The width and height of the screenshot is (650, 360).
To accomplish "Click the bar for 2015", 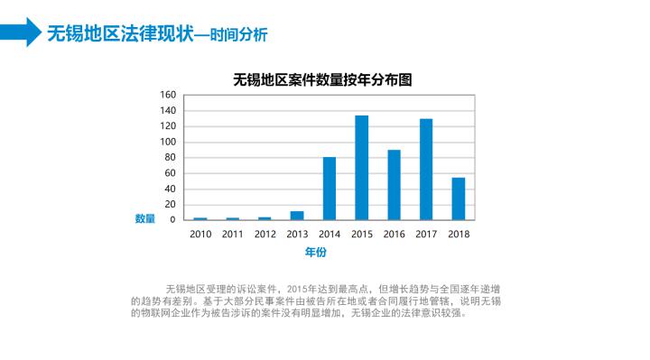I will [361, 168].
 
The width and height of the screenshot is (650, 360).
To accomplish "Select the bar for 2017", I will [426, 170].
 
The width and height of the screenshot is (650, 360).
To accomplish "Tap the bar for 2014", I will [330, 189].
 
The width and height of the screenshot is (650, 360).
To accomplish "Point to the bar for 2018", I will [459, 198].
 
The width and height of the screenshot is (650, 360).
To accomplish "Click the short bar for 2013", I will [297, 216].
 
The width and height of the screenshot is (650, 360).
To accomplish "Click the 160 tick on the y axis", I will [168, 95].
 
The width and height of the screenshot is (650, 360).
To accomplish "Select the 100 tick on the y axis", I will [168, 142].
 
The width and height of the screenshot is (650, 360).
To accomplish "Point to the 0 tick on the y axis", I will [172, 219].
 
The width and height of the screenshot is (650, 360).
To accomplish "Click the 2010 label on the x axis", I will [200, 234].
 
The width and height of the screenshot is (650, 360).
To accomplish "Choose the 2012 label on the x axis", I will [265, 234].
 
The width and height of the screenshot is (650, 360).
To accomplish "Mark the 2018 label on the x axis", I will [459, 234].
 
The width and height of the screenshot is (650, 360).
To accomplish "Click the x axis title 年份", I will [315, 252].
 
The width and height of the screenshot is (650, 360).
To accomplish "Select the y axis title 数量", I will [144, 218].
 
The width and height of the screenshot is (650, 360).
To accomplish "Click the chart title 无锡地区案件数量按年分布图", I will [322, 78].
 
